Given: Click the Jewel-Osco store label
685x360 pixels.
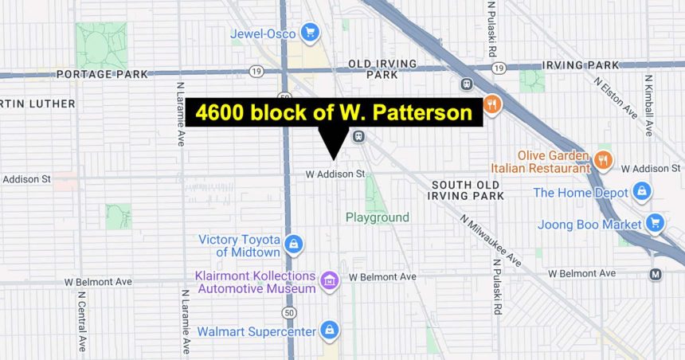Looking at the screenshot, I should point(263,33).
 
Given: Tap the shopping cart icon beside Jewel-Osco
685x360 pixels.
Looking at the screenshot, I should point(310,33).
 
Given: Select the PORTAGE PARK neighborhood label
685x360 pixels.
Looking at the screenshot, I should point(102,74).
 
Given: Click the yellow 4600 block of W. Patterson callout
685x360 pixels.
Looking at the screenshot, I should point(335,113).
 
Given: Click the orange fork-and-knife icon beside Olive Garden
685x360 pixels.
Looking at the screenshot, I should point(603,160).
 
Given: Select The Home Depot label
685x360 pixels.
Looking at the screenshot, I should point(581,193).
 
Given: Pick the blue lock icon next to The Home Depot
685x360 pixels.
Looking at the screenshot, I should point(641,192).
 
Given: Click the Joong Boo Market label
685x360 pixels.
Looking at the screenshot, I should point(589,225).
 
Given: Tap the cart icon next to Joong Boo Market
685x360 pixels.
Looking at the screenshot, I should point(655,223).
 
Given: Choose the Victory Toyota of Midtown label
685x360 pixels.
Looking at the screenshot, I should point(239,246).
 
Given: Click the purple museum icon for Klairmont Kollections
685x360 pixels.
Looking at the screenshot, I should point(327,280).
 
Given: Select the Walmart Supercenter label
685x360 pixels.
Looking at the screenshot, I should point(255,331).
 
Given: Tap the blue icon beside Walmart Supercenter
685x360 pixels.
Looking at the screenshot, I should point(329,330).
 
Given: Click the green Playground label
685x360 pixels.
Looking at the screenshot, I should point(377,217).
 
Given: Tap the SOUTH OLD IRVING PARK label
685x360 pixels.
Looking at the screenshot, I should point(467,190).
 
